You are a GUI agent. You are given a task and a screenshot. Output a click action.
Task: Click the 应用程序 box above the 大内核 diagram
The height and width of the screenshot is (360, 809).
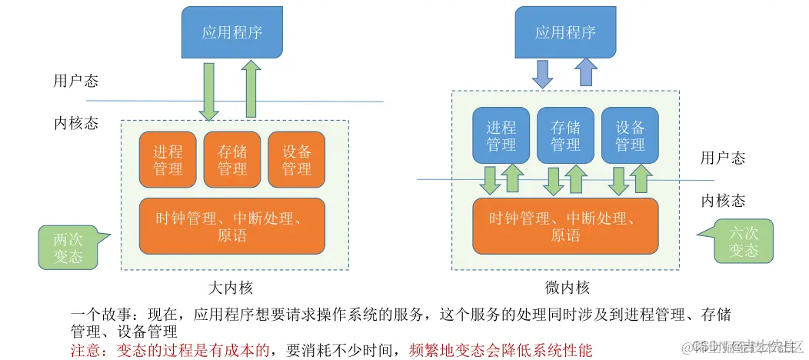tap(231, 32)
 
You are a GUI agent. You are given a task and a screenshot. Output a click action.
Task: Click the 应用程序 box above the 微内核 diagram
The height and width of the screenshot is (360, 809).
tap(565, 32)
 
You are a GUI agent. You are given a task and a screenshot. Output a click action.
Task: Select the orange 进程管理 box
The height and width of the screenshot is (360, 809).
tap(168, 160)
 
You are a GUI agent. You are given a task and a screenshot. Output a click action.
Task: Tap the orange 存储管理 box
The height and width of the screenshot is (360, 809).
tap(231, 160)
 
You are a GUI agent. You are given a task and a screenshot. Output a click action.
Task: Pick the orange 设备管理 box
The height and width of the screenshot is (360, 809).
tap(296, 160)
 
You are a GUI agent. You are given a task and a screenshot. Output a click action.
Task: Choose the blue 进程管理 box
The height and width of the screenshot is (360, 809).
tap(501, 135)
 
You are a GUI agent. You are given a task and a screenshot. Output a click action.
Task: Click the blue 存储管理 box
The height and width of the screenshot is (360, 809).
tap(565, 135)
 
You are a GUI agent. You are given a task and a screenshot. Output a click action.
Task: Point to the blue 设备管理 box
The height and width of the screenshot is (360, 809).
tap(630, 135)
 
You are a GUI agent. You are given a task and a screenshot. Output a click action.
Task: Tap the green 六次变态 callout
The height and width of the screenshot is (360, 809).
tap(743, 241)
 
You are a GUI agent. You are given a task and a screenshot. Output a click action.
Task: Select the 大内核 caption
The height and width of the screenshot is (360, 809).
tap(231, 288)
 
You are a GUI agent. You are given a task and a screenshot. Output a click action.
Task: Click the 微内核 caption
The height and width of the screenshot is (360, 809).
tap(565, 288)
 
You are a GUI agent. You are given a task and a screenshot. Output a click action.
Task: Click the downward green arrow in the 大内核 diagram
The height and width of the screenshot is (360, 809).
tap(208, 91)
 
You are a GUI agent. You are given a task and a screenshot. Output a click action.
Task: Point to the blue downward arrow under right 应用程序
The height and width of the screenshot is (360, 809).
tap(543, 74)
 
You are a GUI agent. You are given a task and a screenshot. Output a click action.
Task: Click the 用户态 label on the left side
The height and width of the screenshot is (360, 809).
tap(75, 81)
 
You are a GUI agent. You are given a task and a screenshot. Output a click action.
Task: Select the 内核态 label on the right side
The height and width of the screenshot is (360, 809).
tap(723, 201)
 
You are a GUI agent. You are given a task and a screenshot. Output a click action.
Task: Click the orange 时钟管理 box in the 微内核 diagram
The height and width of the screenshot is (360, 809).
tap(565, 226)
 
